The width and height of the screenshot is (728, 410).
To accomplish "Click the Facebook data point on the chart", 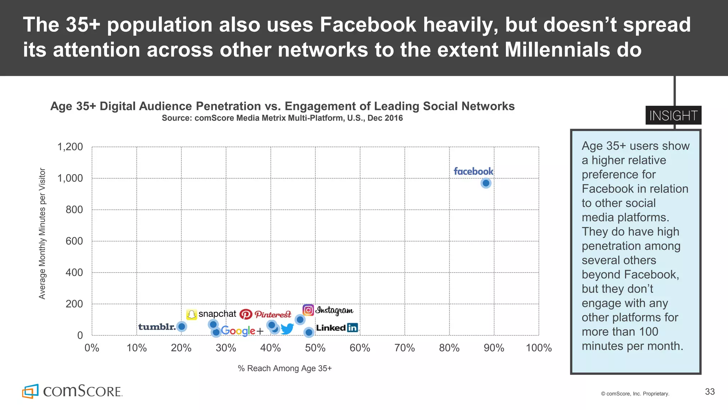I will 486,183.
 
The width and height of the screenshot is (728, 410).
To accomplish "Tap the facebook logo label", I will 473,171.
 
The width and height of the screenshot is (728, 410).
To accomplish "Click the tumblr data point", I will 182,326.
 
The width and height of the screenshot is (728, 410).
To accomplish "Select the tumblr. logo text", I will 157,327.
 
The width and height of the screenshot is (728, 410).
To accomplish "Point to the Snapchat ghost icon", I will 192,314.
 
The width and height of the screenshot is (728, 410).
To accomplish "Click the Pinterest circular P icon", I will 246,314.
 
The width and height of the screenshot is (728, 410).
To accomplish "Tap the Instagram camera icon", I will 308,310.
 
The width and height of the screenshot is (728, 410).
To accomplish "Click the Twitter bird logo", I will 287,328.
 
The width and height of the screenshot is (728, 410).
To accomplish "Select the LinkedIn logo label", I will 337,328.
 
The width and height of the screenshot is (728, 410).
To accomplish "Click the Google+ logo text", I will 242,331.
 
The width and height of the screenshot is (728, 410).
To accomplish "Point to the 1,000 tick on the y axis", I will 70,178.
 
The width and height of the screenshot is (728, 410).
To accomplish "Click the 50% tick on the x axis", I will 315,348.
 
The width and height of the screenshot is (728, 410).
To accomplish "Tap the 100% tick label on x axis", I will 539,348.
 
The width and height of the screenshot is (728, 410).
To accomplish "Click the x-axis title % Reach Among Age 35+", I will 284,368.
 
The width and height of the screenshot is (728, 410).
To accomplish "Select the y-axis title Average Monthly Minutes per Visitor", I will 42,233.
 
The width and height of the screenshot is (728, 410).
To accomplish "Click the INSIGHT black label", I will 673,115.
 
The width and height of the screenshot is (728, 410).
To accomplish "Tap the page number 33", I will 710,391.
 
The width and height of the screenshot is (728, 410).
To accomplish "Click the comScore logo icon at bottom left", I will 30,391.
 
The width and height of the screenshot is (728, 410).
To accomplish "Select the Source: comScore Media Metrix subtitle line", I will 282,118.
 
